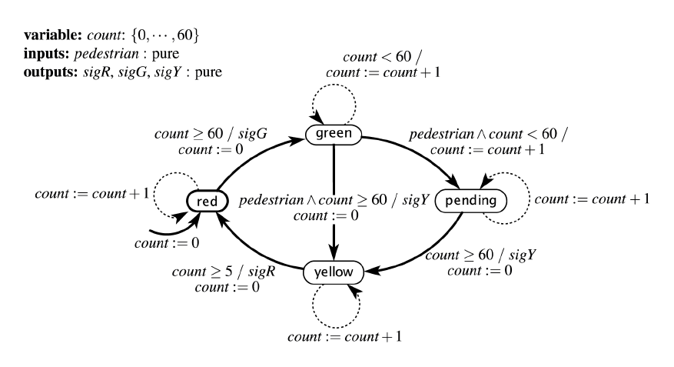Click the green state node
tap(334, 135)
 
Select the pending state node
tap(472, 201)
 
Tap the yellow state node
tap(334, 272)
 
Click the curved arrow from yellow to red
tap(254, 250)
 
